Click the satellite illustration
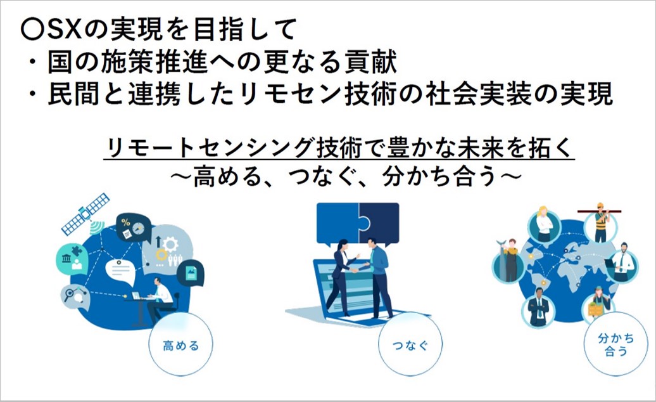(85, 214)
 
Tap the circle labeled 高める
(180, 344)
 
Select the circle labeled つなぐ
(410, 344)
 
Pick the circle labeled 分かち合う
(615, 344)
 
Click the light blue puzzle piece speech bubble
(337, 224)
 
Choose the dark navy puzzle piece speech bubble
(379, 224)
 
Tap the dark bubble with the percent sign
(133, 228)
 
